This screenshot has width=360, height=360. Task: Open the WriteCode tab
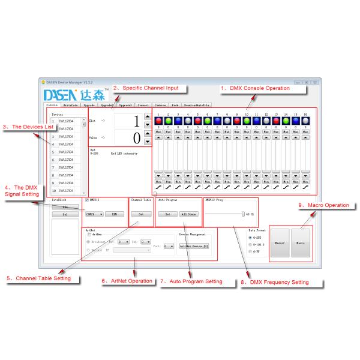coord(71,104)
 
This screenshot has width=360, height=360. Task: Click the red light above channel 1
coord(158,120)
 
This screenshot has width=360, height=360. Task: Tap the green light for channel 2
coord(169,120)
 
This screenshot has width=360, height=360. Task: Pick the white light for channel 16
coord(305,120)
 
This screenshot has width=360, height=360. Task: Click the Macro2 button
coord(280,243)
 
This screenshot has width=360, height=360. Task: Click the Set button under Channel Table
coord(141,213)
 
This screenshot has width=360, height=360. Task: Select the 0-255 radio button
coord(250,237)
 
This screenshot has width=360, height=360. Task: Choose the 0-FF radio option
coord(250,251)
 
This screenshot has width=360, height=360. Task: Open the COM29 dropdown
coord(94,213)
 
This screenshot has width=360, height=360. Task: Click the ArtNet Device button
coord(193,245)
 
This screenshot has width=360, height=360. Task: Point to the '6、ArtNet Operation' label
coord(127,281)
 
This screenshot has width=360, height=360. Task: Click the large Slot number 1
coord(136,120)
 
